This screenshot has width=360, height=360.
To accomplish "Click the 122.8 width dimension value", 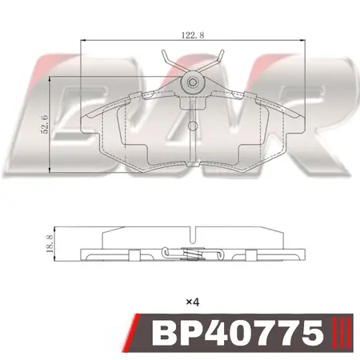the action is tap(193, 35).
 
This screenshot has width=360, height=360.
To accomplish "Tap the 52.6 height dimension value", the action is tap(44, 125).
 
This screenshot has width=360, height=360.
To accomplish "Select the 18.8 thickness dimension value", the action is tap(50, 244).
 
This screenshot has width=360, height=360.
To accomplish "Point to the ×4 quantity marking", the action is tap(193, 302).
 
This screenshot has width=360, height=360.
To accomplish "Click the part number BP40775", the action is tap(238, 332).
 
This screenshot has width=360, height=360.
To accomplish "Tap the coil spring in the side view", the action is tap(192, 254).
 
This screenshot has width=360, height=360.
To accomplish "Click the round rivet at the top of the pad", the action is tap(192, 82).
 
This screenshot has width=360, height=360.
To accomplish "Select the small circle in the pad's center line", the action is tap(192, 126).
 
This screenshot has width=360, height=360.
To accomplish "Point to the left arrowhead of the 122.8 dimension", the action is tap(83, 41).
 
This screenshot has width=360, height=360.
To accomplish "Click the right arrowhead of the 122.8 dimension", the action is tap(302, 41).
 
